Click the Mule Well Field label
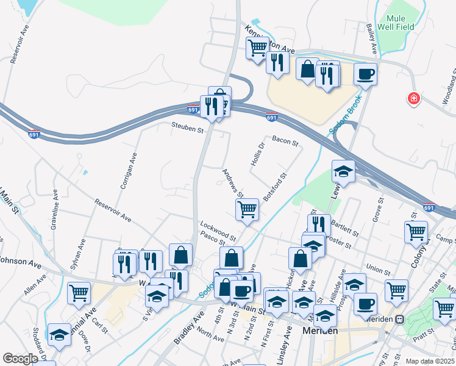click(399, 23)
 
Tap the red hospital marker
click(414, 98)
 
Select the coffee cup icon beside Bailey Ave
click(365, 74)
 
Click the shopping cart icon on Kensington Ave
click(258, 47)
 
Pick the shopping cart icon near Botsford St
click(247, 209)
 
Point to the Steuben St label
click(187, 127)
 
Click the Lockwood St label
click(218, 231)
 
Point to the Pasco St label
click(213, 242)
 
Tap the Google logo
click(20, 358)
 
